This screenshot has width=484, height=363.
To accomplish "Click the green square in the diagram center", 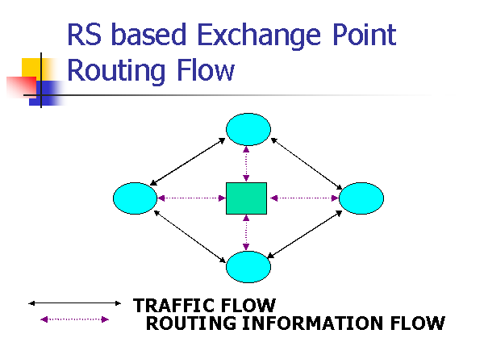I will tap(246, 198).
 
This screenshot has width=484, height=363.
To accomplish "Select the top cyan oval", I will tap(248, 129).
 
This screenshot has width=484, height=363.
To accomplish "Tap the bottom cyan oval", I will tap(248, 266).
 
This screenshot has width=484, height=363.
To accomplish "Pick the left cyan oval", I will tap(135, 198).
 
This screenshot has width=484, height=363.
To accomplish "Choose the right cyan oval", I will tap(361, 198).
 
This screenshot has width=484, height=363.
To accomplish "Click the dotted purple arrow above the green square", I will tap(246, 164).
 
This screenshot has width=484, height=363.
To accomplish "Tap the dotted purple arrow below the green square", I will tap(246, 233).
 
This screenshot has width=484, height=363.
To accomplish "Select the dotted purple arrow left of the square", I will tap(191, 198).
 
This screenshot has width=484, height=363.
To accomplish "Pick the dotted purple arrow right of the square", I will tap(302, 198).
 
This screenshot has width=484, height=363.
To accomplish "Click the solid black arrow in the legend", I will tap(74, 303).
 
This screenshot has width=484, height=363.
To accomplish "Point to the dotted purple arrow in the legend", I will tap(74, 319).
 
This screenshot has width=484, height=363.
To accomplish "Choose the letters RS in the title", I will tap(83, 35).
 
